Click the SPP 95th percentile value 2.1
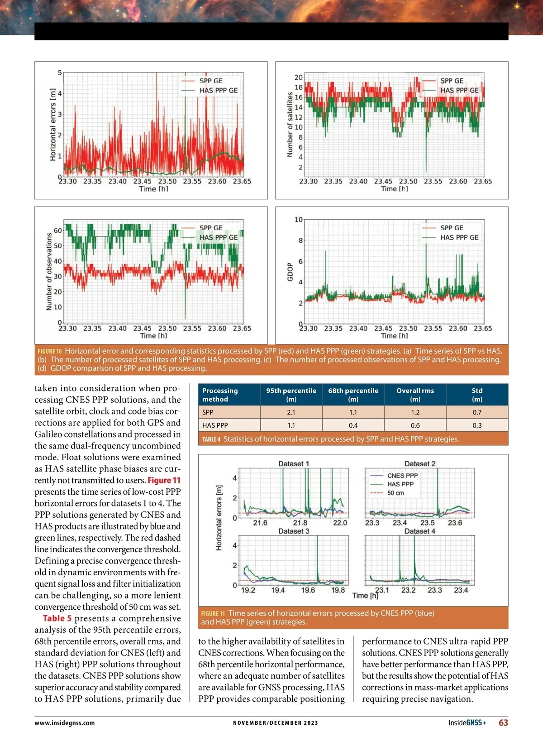click(x=291, y=412)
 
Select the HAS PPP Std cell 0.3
click(x=477, y=425)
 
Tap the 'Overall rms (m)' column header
click(x=415, y=395)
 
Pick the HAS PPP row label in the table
click(x=215, y=425)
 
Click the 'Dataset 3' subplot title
click(x=294, y=531)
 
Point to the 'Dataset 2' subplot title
click(x=419, y=464)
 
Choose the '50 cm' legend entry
click(x=395, y=493)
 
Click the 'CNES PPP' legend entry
click(x=402, y=476)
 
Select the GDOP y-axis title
click(x=291, y=272)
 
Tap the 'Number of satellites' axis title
click(x=290, y=125)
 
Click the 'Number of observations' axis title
click(x=49, y=272)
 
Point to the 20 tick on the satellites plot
click(x=299, y=77)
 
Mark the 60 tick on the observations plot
click(x=58, y=231)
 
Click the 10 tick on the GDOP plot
click(x=299, y=220)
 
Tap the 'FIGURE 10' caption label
click(x=50, y=351)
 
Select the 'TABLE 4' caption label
click(x=211, y=439)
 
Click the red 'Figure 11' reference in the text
click(x=164, y=480)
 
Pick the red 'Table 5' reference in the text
click(x=57, y=618)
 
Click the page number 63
click(x=503, y=723)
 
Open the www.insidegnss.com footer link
click(x=65, y=723)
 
